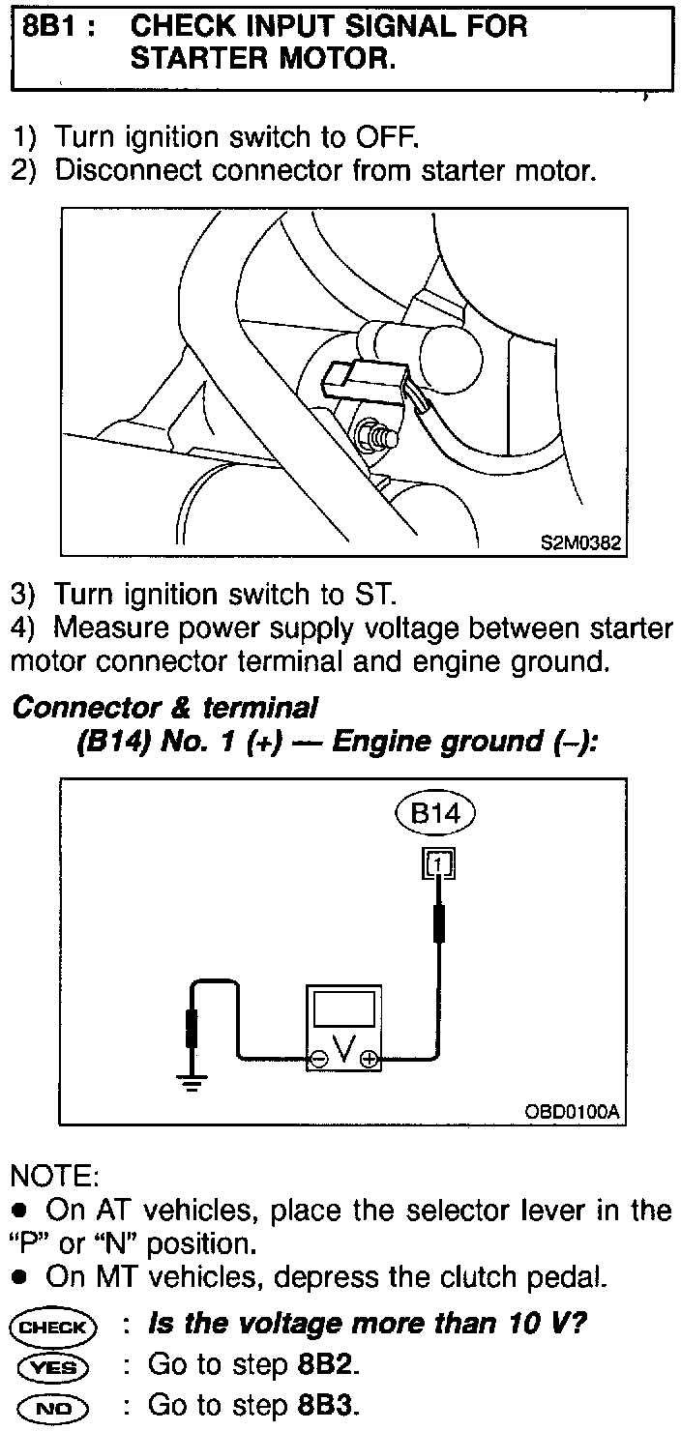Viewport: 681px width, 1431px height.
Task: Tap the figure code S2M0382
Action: [x=579, y=545]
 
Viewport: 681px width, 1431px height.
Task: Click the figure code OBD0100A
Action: [x=571, y=1112]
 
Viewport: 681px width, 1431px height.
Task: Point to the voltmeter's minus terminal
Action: [x=318, y=1060]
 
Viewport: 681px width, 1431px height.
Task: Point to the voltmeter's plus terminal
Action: [x=368, y=1060]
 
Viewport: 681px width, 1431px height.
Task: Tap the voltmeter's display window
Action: [x=343, y=1011]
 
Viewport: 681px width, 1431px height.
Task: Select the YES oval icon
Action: [x=53, y=1366]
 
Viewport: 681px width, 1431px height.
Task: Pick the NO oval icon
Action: [x=53, y=1404]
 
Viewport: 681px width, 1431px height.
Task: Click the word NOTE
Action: [x=53, y=1177]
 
